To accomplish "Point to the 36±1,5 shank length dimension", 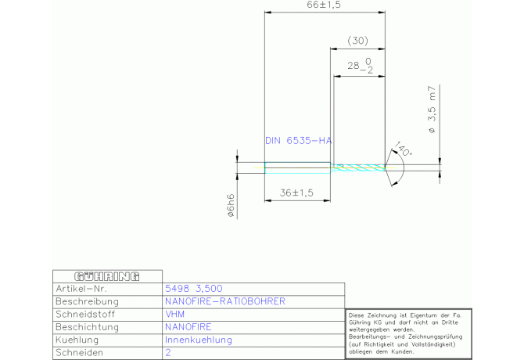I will click(x=296, y=193).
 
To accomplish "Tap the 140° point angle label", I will click(x=403, y=148).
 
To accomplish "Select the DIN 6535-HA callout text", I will click(x=299, y=141).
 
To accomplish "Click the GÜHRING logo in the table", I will click(x=106, y=276).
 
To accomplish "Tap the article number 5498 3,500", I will click(x=194, y=288).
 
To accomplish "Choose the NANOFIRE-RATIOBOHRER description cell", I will click(x=225, y=301).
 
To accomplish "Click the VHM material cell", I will click(x=175, y=314).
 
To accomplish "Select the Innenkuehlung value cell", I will click(x=199, y=340).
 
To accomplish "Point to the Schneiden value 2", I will click(x=168, y=353).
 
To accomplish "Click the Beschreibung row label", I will click(x=87, y=301).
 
